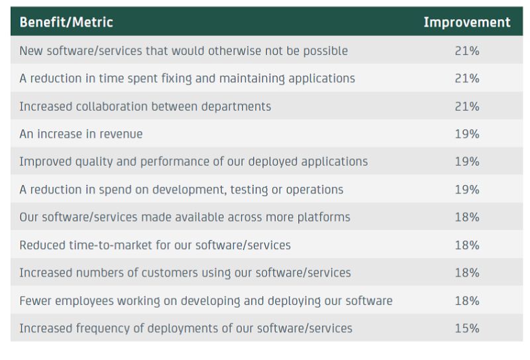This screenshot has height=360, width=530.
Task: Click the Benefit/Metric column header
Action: tap(66, 22)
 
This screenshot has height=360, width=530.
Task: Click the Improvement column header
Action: tap(466, 22)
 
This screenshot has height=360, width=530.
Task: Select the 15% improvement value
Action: tap(466, 328)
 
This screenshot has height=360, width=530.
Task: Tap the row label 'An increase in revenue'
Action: tap(81, 134)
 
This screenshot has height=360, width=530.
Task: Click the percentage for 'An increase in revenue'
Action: tap(466, 134)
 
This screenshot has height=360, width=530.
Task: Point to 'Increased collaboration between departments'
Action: tap(145, 106)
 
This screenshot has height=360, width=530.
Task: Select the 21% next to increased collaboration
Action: tap(466, 106)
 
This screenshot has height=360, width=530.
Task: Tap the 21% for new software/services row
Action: tap(466, 50)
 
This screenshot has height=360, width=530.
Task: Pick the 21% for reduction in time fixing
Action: tap(466, 78)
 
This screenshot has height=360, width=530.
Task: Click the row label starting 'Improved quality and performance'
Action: tap(193, 162)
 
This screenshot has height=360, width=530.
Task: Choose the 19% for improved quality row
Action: tap(466, 162)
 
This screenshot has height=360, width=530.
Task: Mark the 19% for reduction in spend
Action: tap(466, 190)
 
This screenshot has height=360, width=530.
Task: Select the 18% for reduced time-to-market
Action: tap(466, 245)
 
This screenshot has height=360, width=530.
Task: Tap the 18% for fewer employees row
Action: tap(466, 300)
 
